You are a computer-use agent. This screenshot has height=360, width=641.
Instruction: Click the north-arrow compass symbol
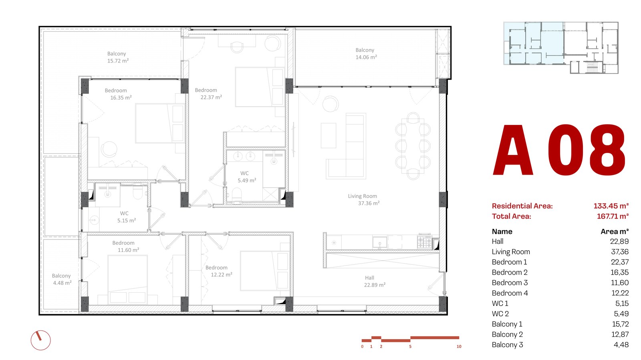click(40, 340)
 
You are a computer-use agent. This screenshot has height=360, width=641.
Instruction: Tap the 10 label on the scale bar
click(459, 346)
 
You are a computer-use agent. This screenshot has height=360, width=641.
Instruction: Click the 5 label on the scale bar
click(410, 346)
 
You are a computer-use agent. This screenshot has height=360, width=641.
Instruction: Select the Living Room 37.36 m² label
click(364, 199)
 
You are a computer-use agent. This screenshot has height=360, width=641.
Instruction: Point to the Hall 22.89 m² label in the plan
click(375, 282)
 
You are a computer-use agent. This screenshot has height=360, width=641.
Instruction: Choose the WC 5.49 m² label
click(247, 177)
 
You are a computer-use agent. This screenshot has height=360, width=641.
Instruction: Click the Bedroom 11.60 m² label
click(126, 246)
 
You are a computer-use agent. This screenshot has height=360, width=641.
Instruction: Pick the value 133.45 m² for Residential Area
click(611, 206)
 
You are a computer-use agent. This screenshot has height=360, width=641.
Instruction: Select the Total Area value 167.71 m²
click(613, 216)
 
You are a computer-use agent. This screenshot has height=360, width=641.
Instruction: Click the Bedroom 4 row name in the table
click(510, 293)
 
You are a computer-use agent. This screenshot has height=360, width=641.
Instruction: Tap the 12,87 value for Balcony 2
click(620, 334)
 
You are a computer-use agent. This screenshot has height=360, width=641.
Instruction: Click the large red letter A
click(513, 150)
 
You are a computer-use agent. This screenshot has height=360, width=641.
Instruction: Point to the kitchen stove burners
click(424, 241)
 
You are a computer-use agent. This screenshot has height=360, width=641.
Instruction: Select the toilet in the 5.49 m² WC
click(237, 195)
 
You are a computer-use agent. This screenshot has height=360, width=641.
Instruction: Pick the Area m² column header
click(615, 231)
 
